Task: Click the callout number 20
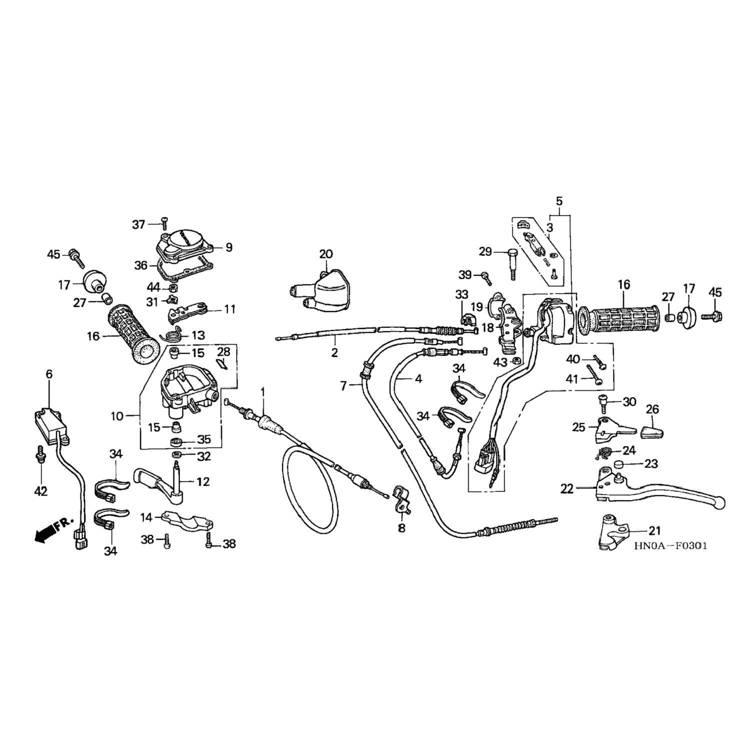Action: (x=325, y=254)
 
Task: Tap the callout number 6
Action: (x=49, y=374)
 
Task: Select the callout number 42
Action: (x=40, y=491)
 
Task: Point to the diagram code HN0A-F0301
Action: (x=670, y=546)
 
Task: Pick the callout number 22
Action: (x=566, y=488)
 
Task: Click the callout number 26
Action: (x=652, y=409)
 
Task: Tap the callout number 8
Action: (x=401, y=528)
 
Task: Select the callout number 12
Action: (x=203, y=481)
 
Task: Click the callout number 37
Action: (x=138, y=224)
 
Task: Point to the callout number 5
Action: (x=559, y=201)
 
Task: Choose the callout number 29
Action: (x=485, y=251)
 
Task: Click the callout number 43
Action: (x=500, y=361)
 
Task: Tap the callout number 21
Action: (x=654, y=530)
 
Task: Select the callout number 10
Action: (x=116, y=415)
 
